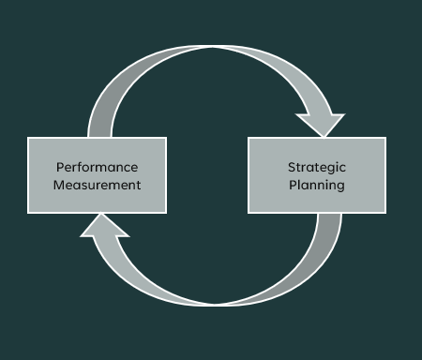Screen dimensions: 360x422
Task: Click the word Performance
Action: pyautogui.click(x=97, y=167)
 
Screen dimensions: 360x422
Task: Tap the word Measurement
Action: pyautogui.click(x=97, y=185)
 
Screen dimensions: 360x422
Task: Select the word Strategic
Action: pyautogui.click(x=317, y=167)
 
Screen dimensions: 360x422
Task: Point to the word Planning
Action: pyautogui.click(x=317, y=185)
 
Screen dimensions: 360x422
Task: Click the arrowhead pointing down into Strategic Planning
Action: pyautogui.click(x=320, y=125)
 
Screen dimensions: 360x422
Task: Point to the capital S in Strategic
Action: pyautogui.click(x=292, y=167)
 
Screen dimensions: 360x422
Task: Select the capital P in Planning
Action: pyautogui.click(x=293, y=185)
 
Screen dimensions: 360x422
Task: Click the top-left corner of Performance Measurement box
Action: pyautogui.click(x=28, y=138)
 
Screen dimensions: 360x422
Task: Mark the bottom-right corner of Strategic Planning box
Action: pyautogui.click(x=384, y=212)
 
